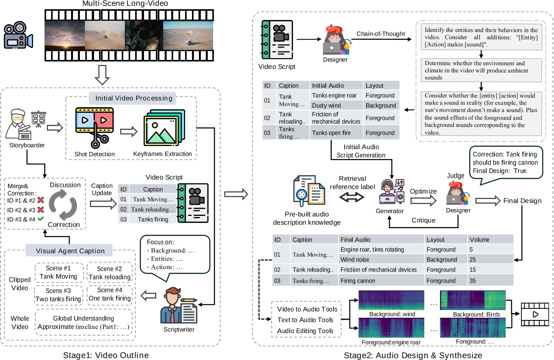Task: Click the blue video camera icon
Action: [x=18, y=35]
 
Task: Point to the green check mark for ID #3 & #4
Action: [x=41, y=219]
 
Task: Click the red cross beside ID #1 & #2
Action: [x=41, y=200]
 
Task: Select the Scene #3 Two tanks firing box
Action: [x=58, y=295]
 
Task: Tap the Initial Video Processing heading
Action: [x=133, y=98]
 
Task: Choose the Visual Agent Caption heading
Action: [x=70, y=251]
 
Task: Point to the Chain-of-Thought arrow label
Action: [x=380, y=34]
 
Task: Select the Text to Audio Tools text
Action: [x=305, y=320]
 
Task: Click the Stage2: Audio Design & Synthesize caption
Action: [x=413, y=355]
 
